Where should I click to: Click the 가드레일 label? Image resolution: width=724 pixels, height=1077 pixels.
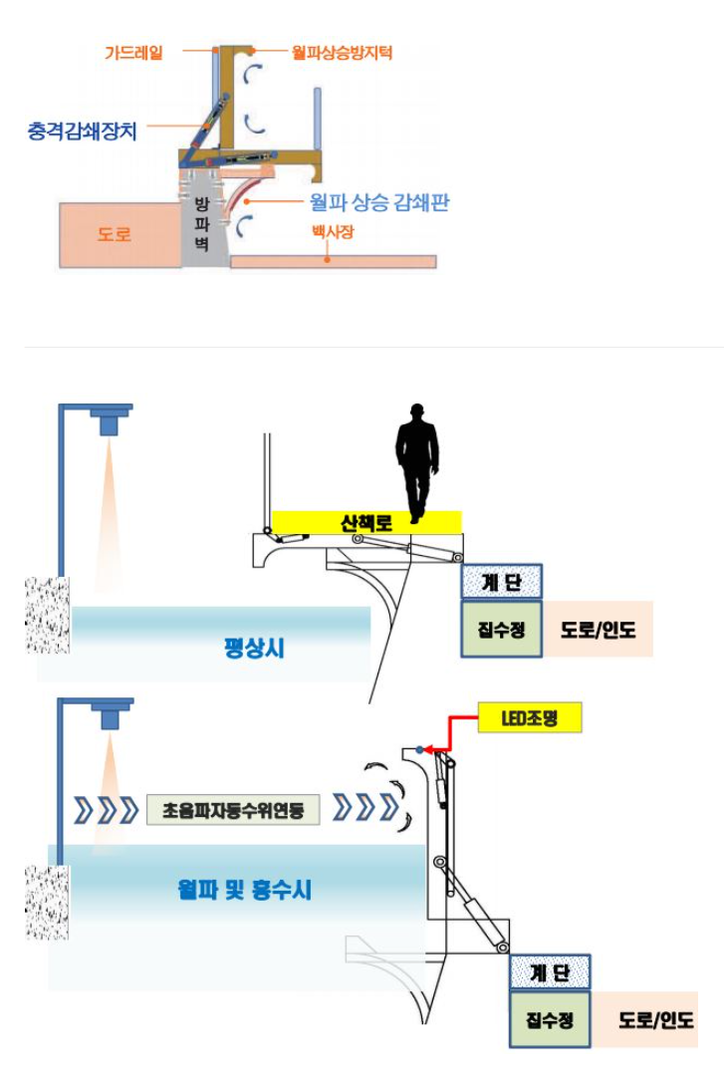[x=133, y=52]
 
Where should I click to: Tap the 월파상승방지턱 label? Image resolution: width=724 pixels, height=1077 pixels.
[x=342, y=52]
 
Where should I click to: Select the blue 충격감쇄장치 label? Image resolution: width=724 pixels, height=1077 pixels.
[x=83, y=131]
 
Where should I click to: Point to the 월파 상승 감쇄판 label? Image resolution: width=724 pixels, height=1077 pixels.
[x=378, y=202]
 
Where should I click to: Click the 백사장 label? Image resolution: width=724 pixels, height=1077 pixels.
[x=333, y=231]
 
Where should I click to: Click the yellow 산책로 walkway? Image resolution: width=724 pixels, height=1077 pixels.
[x=366, y=523]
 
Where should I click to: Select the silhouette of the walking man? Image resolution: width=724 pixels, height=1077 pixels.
[x=416, y=463]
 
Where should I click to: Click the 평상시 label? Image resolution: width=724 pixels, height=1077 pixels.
[x=254, y=647]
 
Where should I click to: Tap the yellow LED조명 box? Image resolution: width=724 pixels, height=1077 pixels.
[x=530, y=718]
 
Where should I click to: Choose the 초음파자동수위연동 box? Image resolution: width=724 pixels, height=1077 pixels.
[x=233, y=810]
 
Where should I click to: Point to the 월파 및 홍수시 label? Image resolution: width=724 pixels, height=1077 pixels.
[x=244, y=890]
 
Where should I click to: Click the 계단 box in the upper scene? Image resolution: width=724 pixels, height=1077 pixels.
[x=502, y=583]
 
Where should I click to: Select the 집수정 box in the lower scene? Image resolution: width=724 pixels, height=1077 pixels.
[x=550, y=1019]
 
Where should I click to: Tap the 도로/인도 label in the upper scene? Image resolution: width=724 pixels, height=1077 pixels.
[x=598, y=630]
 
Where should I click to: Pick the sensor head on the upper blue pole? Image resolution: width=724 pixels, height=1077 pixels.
[x=110, y=419]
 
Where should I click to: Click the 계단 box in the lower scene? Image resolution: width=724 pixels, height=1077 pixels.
[x=550, y=972]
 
